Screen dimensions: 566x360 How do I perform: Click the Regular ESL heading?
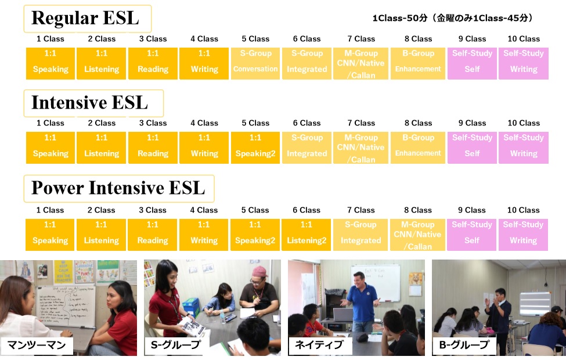85,18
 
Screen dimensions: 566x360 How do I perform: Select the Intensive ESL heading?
89,103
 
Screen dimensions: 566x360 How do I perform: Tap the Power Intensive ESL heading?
118,188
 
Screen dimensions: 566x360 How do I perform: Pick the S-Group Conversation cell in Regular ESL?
255,63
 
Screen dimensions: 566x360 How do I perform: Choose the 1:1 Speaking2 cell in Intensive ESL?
255,147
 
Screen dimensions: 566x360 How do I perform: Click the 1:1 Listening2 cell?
306,235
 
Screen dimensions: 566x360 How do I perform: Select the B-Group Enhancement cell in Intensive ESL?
417,147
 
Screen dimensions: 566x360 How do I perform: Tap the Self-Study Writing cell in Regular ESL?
524,63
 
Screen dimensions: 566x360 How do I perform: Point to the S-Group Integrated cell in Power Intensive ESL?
360,235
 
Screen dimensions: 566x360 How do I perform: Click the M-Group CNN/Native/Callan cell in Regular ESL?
360,63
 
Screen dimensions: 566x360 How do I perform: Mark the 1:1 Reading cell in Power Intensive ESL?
152,235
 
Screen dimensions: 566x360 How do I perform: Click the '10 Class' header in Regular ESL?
524,39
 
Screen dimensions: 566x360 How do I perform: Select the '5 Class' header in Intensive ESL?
255,123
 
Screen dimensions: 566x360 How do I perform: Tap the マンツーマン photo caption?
37,345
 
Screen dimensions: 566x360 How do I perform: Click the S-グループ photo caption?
175,345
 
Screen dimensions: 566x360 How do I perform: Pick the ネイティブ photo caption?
319,345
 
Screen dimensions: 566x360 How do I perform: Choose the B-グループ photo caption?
464,345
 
